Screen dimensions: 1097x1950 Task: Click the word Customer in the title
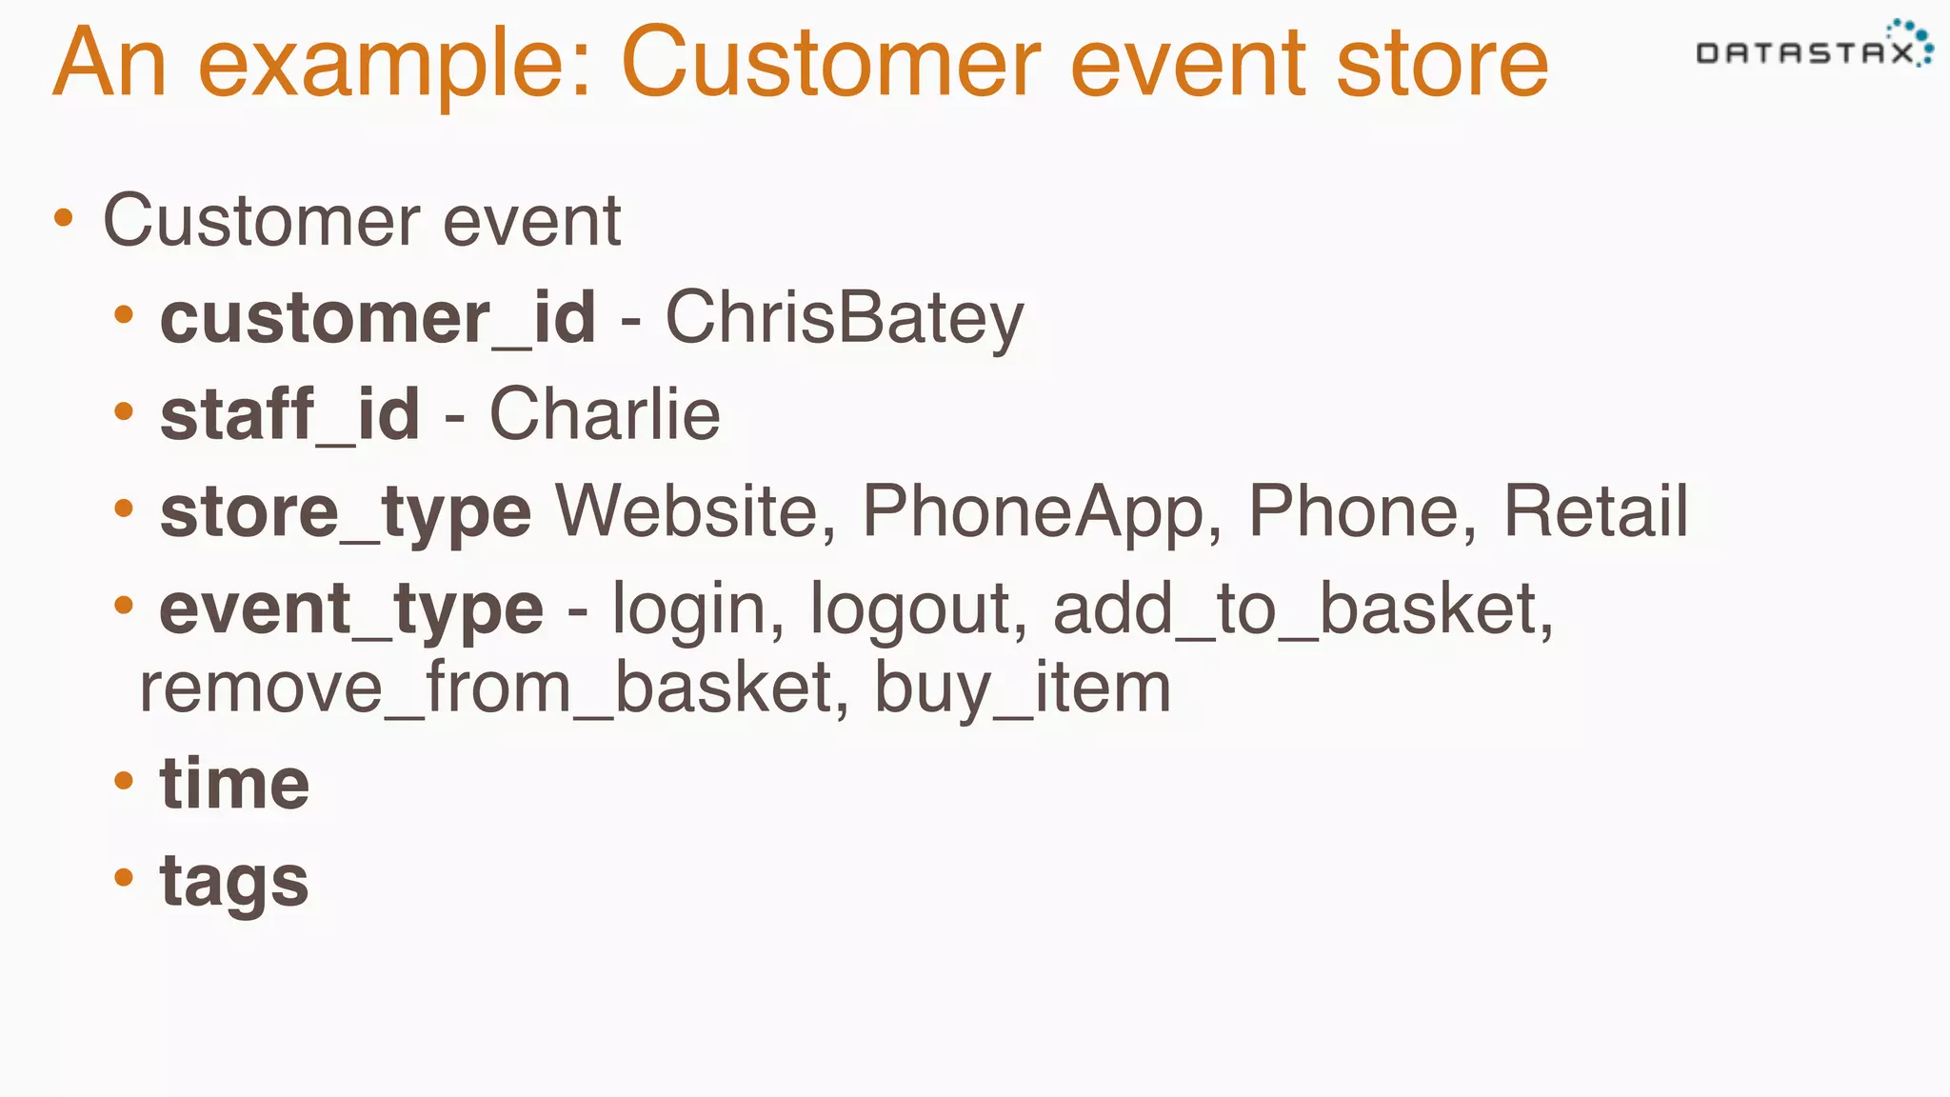[x=830, y=63]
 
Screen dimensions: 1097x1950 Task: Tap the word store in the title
[x=1442, y=63]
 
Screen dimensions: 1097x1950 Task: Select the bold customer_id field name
[x=378, y=318]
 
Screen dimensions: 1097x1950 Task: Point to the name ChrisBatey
[x=844, y=318]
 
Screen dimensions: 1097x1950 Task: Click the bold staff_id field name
[x=289, y=415]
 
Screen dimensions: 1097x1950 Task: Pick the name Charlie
[x=605, y=415]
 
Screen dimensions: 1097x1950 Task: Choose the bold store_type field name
[x=345, y=512]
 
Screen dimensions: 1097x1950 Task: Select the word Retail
[x=1595, y=512]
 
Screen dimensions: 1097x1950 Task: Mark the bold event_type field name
[x=351, y=609]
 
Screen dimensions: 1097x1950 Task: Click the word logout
[x=918, y=609]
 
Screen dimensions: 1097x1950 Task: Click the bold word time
[x=234, y=785]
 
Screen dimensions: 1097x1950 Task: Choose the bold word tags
[x=234, y=882]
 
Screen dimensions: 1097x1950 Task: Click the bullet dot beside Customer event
[x=64, y=219]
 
